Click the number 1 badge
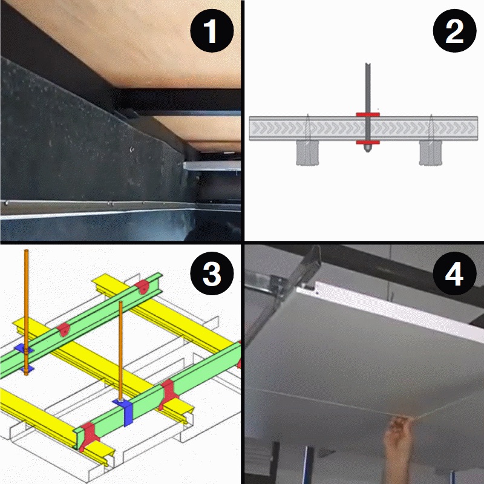(211, 31)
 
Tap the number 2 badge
(454, 31)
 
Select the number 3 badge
(211, 274)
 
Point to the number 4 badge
(454, 274)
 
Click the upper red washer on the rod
(367, 114)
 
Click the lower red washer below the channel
(367, 142)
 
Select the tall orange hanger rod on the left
(25, 302)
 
